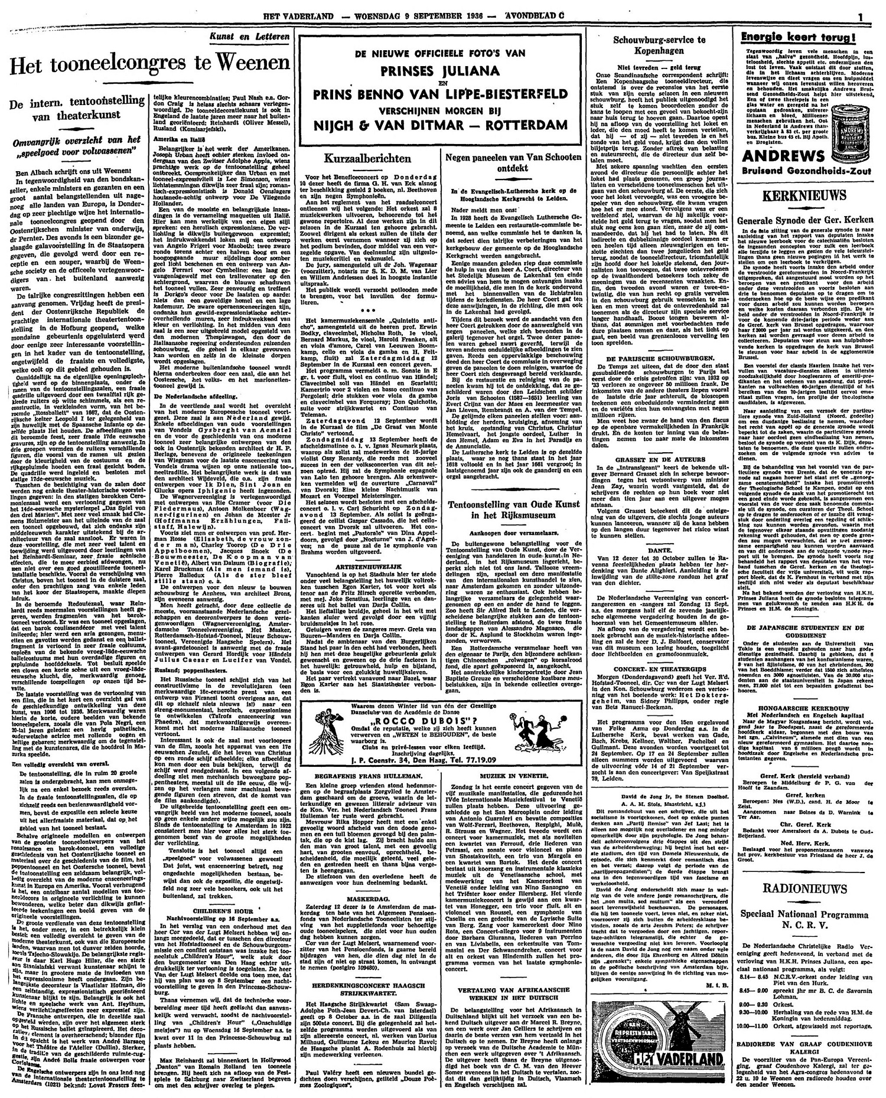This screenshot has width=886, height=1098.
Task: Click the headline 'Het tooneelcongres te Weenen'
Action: pyautogui.click(x=147, y=63)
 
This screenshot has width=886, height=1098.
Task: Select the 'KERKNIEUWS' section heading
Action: pyautogui.click(x=806, y=195)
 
